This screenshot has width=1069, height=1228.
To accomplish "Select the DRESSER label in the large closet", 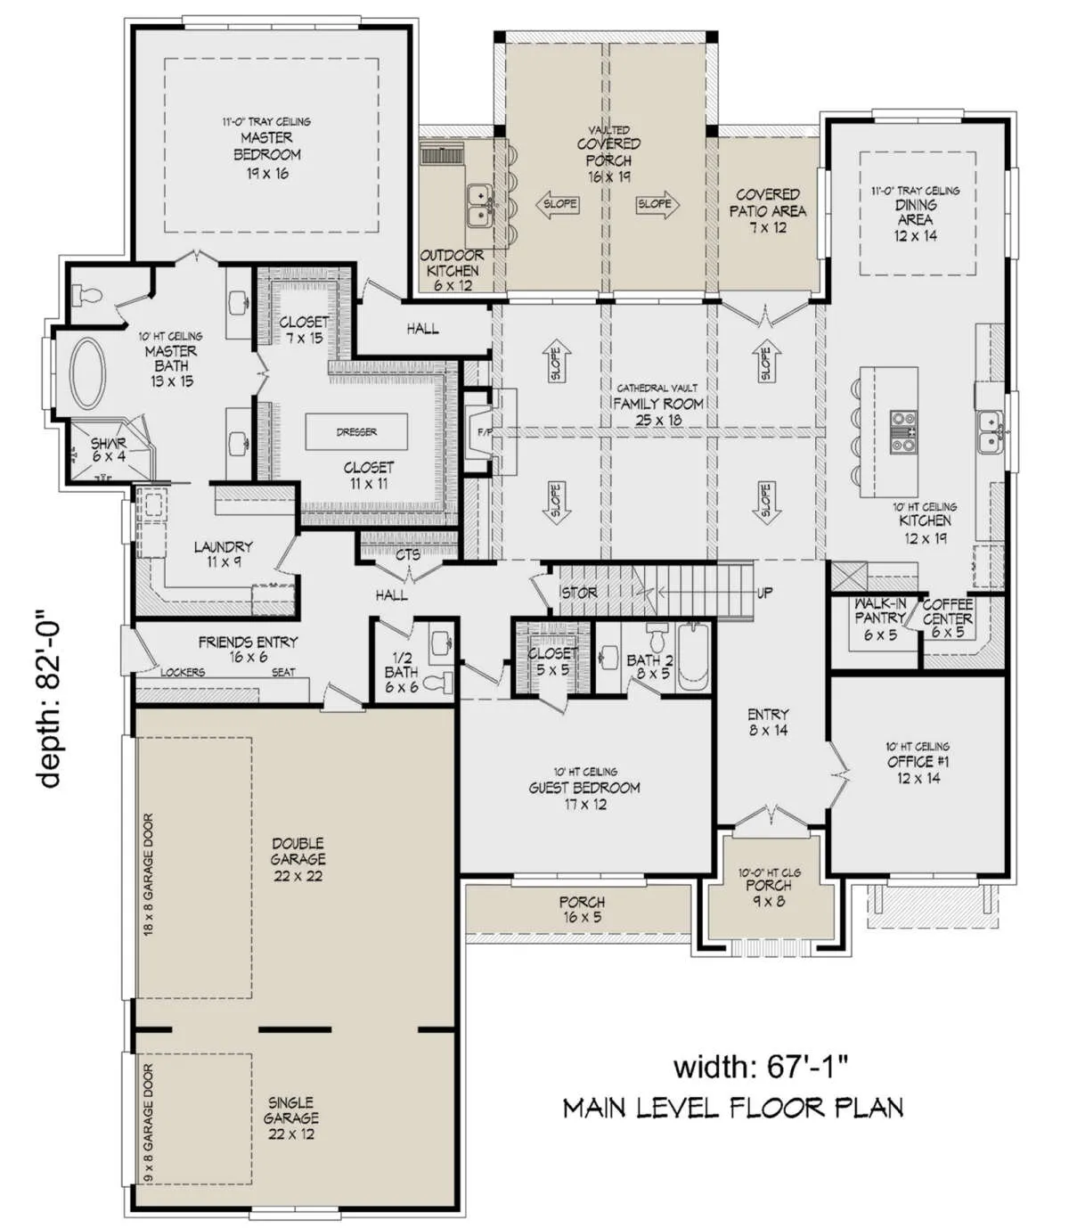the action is [x=356, y=431].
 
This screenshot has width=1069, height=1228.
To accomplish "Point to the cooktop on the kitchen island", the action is [x=902, y=430].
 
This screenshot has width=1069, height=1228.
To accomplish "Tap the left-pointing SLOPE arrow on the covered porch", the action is [x=558, y=204].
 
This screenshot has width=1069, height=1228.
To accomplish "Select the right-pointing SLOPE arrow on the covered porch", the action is [x=657, y=204].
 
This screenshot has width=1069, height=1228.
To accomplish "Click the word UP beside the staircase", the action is [x=764, y=594].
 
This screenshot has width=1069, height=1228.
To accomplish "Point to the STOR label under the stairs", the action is [x=579, y=593].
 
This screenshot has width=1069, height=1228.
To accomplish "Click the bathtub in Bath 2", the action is [x=693, y=658].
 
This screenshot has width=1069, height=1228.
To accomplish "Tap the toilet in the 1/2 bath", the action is [x=437, y=683].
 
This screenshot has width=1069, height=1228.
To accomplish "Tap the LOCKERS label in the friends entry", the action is [x=183, y=672].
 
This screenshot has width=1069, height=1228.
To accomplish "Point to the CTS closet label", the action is [x=408, y=554].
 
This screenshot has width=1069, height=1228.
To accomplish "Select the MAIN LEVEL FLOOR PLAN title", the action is [x=733, y=1108].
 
